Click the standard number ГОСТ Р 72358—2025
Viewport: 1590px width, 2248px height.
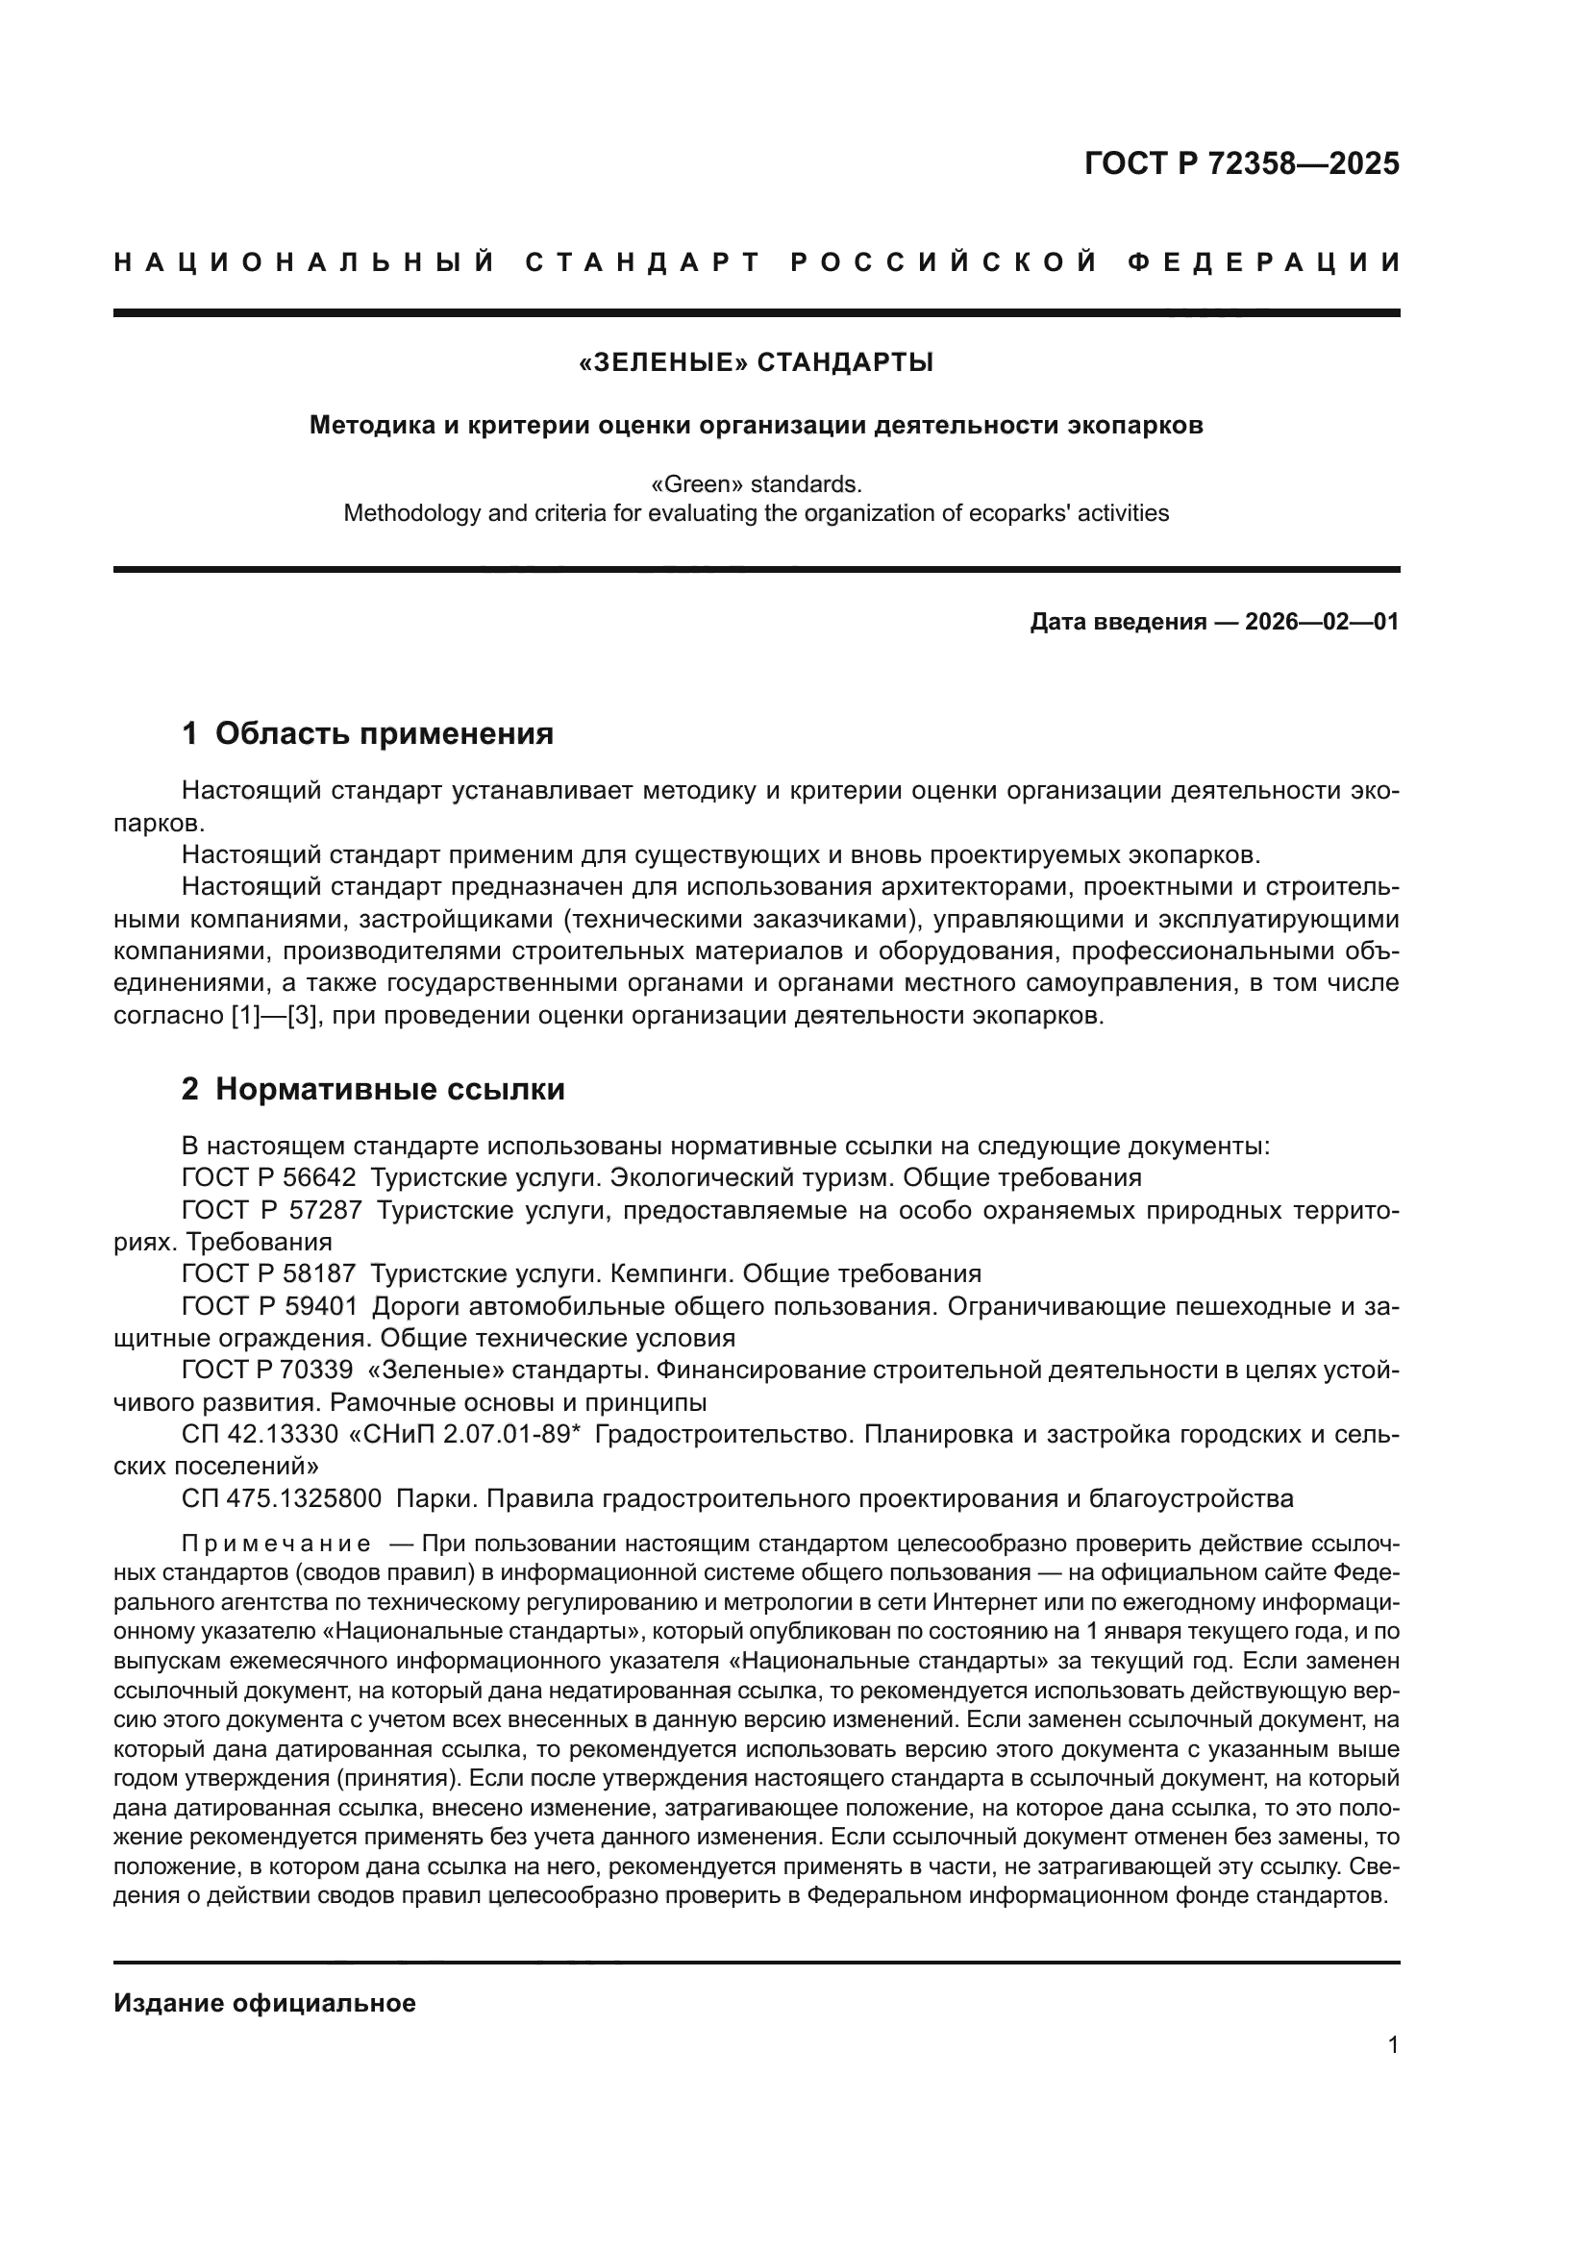[1241, 163]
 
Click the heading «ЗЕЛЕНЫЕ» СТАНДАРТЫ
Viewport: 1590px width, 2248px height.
[756, 363]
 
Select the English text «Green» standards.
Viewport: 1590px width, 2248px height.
[756, 484]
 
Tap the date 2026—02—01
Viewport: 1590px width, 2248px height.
[1322, 622]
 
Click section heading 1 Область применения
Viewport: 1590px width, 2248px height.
[367, 733]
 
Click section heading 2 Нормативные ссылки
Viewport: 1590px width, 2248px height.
[373, 1090]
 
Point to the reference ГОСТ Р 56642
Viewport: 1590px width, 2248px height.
[269, 1177]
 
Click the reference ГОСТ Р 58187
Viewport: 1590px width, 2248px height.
[269, 1273]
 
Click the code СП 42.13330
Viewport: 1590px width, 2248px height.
[261, 1434]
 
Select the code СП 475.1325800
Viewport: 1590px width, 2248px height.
[282, 1498]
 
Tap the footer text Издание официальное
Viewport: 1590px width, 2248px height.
[264, 2003]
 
